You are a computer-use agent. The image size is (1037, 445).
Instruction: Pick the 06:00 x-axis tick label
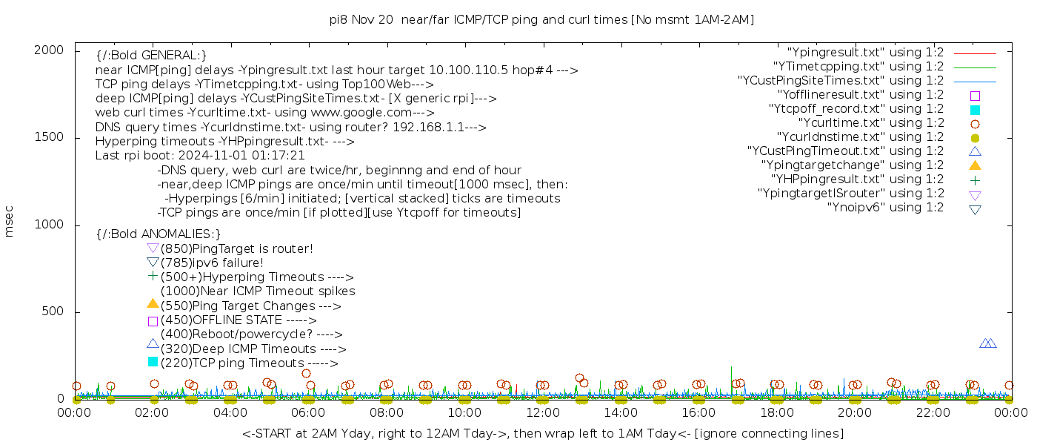pos(308,412)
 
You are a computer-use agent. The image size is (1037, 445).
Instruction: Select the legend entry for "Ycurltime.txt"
pos(870,123)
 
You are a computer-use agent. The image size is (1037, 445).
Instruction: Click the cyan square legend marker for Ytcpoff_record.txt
pos(975,110)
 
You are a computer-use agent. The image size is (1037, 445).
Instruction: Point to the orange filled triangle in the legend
pos(975,165)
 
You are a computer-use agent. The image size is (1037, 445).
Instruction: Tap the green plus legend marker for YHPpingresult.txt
pos(975,179)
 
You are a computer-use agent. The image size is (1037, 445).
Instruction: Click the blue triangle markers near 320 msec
pos(988,343)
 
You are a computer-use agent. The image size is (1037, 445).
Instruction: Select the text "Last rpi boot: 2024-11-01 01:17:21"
pos(200,156)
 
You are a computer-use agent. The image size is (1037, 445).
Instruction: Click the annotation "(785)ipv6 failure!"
pos(212,263)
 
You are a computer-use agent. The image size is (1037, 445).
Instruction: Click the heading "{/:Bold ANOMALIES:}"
pos(159,234)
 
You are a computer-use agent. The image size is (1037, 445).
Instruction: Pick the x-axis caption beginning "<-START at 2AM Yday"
pos(542,433)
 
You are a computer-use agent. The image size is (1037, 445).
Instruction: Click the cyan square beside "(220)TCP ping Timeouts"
pos(153,362)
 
